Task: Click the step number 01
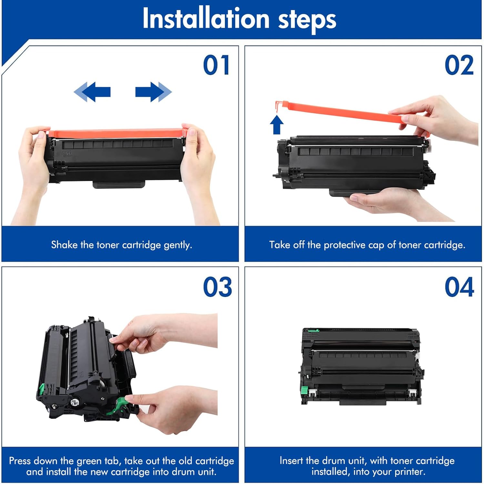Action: pyautogui.click(x=217, y=65)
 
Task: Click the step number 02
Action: pyautogui.click(x=459, y=65)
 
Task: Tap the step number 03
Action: pyautogui.click(x=217, y=287)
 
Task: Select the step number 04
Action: pyautogui.click(x=459, y=287)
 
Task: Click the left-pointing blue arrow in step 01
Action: pyautogui.click(x=92, y=92)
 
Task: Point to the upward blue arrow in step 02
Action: pyautogui.click(x=277, y=125)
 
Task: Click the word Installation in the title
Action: pyautogui.click(x=206, y=18)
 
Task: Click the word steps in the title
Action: pyautogui.click(x=307, y=20)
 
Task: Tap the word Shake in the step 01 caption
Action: pyautogui.click(x=65, y=245)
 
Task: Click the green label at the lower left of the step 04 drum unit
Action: pyautogui.click(x=304, y=391)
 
